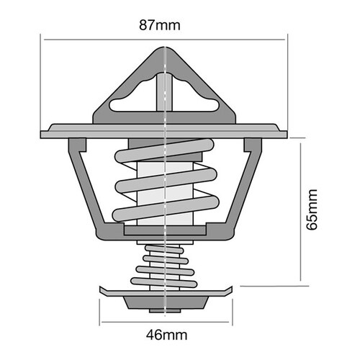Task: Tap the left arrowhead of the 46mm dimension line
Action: pyautogui.click(x=102, y=320)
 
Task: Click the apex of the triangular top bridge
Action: pyautogui.click(x=166, y=50)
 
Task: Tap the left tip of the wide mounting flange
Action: pyautogui.click(x=42, y=134)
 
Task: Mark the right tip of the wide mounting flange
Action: pyautogui.click(x=289, y=134)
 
